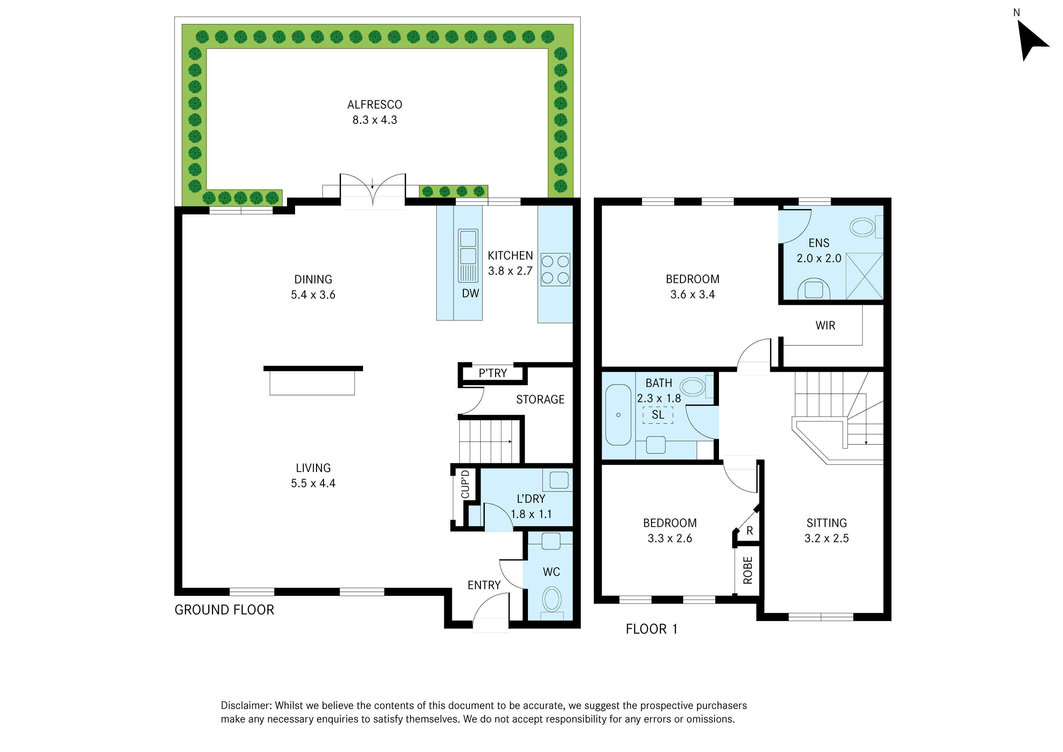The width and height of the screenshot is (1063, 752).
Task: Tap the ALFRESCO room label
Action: pos(375,105)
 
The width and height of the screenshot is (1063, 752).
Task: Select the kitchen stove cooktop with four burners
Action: pos(555,269)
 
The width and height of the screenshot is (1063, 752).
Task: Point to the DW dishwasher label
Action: pos(470,293)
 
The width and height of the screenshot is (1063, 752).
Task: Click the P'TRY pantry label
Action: pos(493,373)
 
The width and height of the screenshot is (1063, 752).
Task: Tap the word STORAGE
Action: pos(540,400)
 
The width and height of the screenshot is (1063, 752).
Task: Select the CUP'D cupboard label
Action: pos(465,484)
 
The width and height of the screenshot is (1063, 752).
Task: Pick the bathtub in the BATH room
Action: pos(618,415)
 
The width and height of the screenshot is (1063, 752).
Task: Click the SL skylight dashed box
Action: pos(658,415)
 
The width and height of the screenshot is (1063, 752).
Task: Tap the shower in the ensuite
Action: pos(864,276)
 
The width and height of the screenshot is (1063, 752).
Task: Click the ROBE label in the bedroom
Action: pos(748,570)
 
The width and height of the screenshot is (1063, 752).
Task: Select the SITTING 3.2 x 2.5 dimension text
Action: pos(827,539)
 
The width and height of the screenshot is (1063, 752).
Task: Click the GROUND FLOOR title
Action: pos(224,610)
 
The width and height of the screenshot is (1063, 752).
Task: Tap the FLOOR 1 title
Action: pos(651,629)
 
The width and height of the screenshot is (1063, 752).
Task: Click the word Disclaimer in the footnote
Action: pos(246,705)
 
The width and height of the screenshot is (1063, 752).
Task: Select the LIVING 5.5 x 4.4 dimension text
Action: pos(313,483)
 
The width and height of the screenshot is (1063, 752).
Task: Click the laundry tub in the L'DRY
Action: pos(559,480)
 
